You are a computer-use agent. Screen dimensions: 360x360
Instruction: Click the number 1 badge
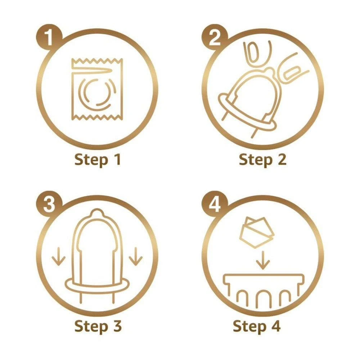click(x=49, y=37)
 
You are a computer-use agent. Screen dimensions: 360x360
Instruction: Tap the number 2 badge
click(x=215, y=37)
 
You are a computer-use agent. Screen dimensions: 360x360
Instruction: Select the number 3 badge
click(x=49, y=204)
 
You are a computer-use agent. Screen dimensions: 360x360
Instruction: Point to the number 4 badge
click(x=215, y=204)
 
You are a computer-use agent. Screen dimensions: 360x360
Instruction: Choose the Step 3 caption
click(x=98, y=326)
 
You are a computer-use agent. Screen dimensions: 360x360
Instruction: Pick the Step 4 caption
click(x=257, y=326)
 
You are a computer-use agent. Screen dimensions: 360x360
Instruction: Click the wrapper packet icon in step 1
click(x=97, y=89)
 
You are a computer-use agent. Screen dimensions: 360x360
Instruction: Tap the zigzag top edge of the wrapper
click(x=97, y=61)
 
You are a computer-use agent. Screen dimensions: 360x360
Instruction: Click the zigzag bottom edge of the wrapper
click(x=97, y=117)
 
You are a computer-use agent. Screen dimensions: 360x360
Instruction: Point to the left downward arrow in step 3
click(x=59, y=257)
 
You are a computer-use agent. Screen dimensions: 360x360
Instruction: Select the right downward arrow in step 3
click(x=136, y=257)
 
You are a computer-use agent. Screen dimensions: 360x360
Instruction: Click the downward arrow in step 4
click(x=263, y=260)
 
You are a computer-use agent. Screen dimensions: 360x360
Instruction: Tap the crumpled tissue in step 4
click(x=257, y=232)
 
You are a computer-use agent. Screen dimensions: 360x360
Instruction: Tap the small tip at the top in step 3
click(x=97, y=212)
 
